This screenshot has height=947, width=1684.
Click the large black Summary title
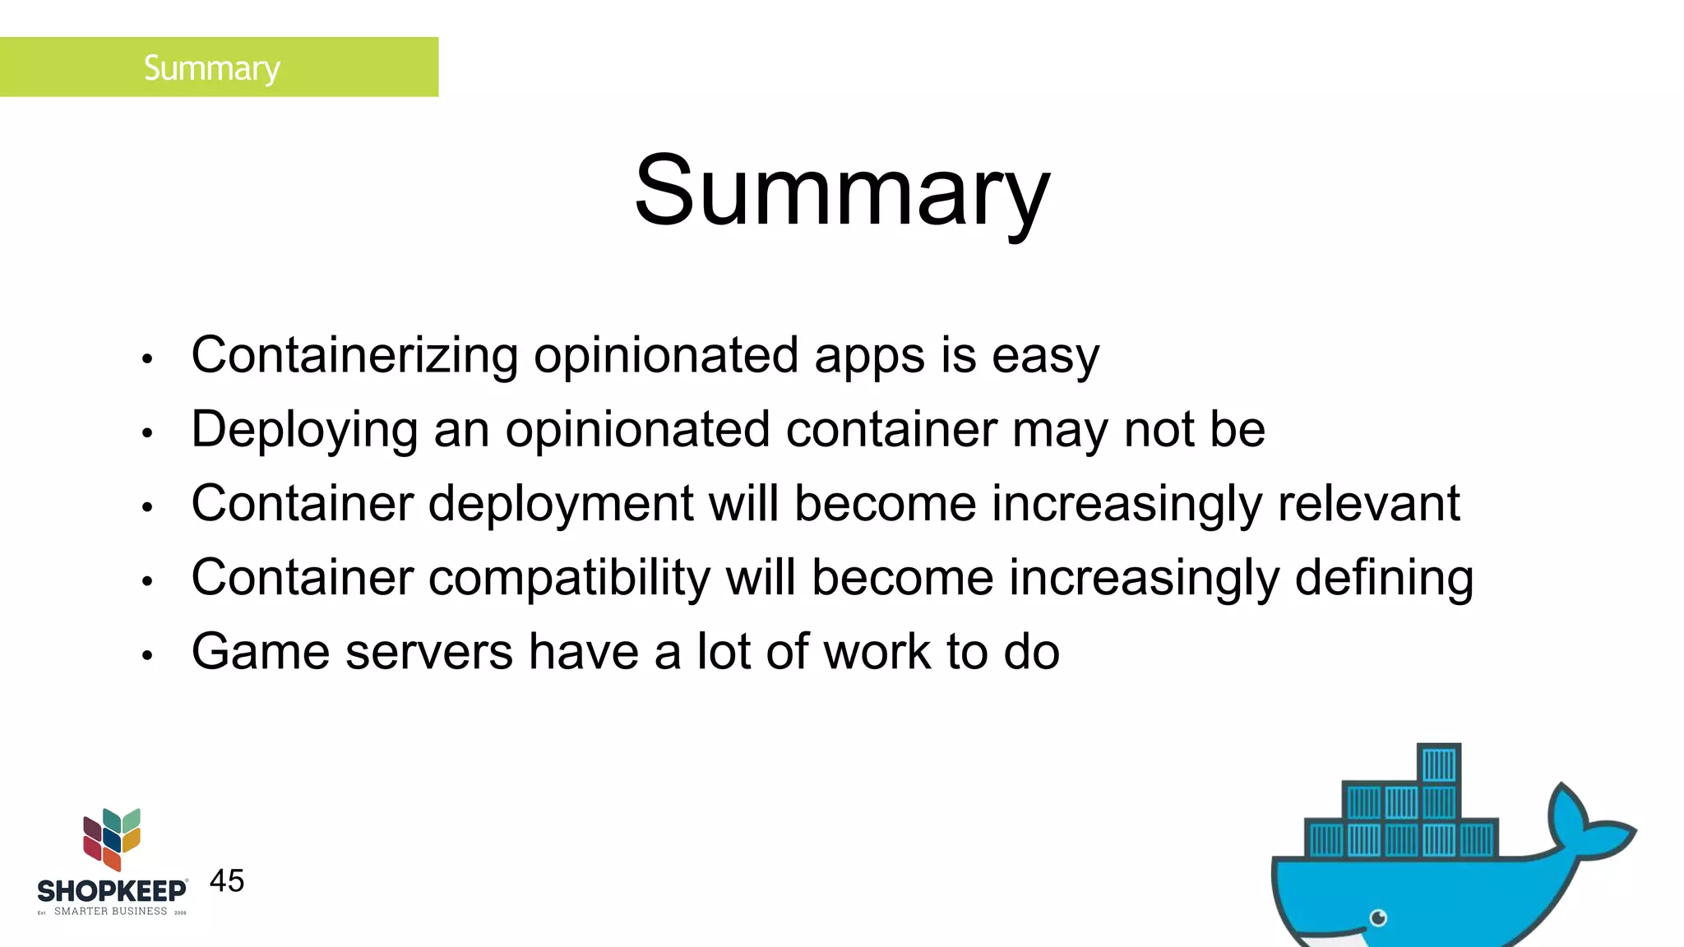pos(842,192)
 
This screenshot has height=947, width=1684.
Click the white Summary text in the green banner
pos(211,67)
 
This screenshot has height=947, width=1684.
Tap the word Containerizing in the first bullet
pos(354,355)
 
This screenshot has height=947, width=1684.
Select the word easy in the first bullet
pos(1045,357)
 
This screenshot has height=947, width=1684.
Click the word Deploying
pos(304,430)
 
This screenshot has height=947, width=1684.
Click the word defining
pos(1384,578)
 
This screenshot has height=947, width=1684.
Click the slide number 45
pos(227,881)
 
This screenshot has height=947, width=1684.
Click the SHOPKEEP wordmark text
pos(112,891)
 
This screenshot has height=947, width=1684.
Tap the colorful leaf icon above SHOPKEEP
pos(112,838)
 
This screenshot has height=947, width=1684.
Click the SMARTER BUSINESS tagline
pos(110,911)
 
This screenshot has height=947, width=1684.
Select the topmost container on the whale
pos(1439,764)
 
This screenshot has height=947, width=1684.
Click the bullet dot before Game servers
pos(147,655)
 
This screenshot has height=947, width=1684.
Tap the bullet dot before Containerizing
pos(147,358)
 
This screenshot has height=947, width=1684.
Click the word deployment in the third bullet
pos(561,504)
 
